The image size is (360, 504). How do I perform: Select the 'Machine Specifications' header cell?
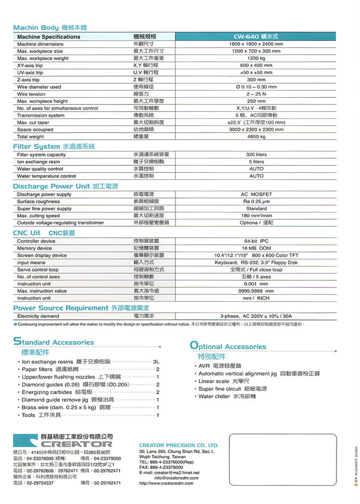click(x=49, y=37)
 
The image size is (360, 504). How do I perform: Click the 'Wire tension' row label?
click(x=31, y=94)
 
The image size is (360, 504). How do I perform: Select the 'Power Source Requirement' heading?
click(x=61, y=308)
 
